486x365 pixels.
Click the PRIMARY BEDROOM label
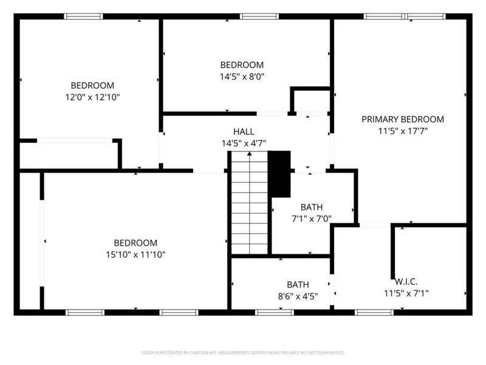coord(403,119)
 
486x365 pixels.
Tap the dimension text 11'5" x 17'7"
coord(403,130)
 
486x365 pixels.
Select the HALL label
coord(244,131)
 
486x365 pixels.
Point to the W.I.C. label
coord(406,282)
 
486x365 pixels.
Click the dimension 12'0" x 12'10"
coord(92,97)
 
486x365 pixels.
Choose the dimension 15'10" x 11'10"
coord(136,254)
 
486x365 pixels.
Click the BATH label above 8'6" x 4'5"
coord(298,284)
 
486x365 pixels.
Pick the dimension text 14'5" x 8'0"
coord(242,76)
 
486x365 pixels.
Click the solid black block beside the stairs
coord(279,173)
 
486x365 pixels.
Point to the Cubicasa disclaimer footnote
coord(243,352)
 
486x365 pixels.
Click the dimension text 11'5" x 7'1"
coord(406,293)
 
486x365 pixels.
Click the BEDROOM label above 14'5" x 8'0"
coord(242,65)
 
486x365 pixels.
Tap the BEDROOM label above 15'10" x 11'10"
coord(136,242)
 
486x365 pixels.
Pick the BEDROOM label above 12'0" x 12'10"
coord(92,86)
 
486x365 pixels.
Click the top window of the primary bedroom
coord(404,16)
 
